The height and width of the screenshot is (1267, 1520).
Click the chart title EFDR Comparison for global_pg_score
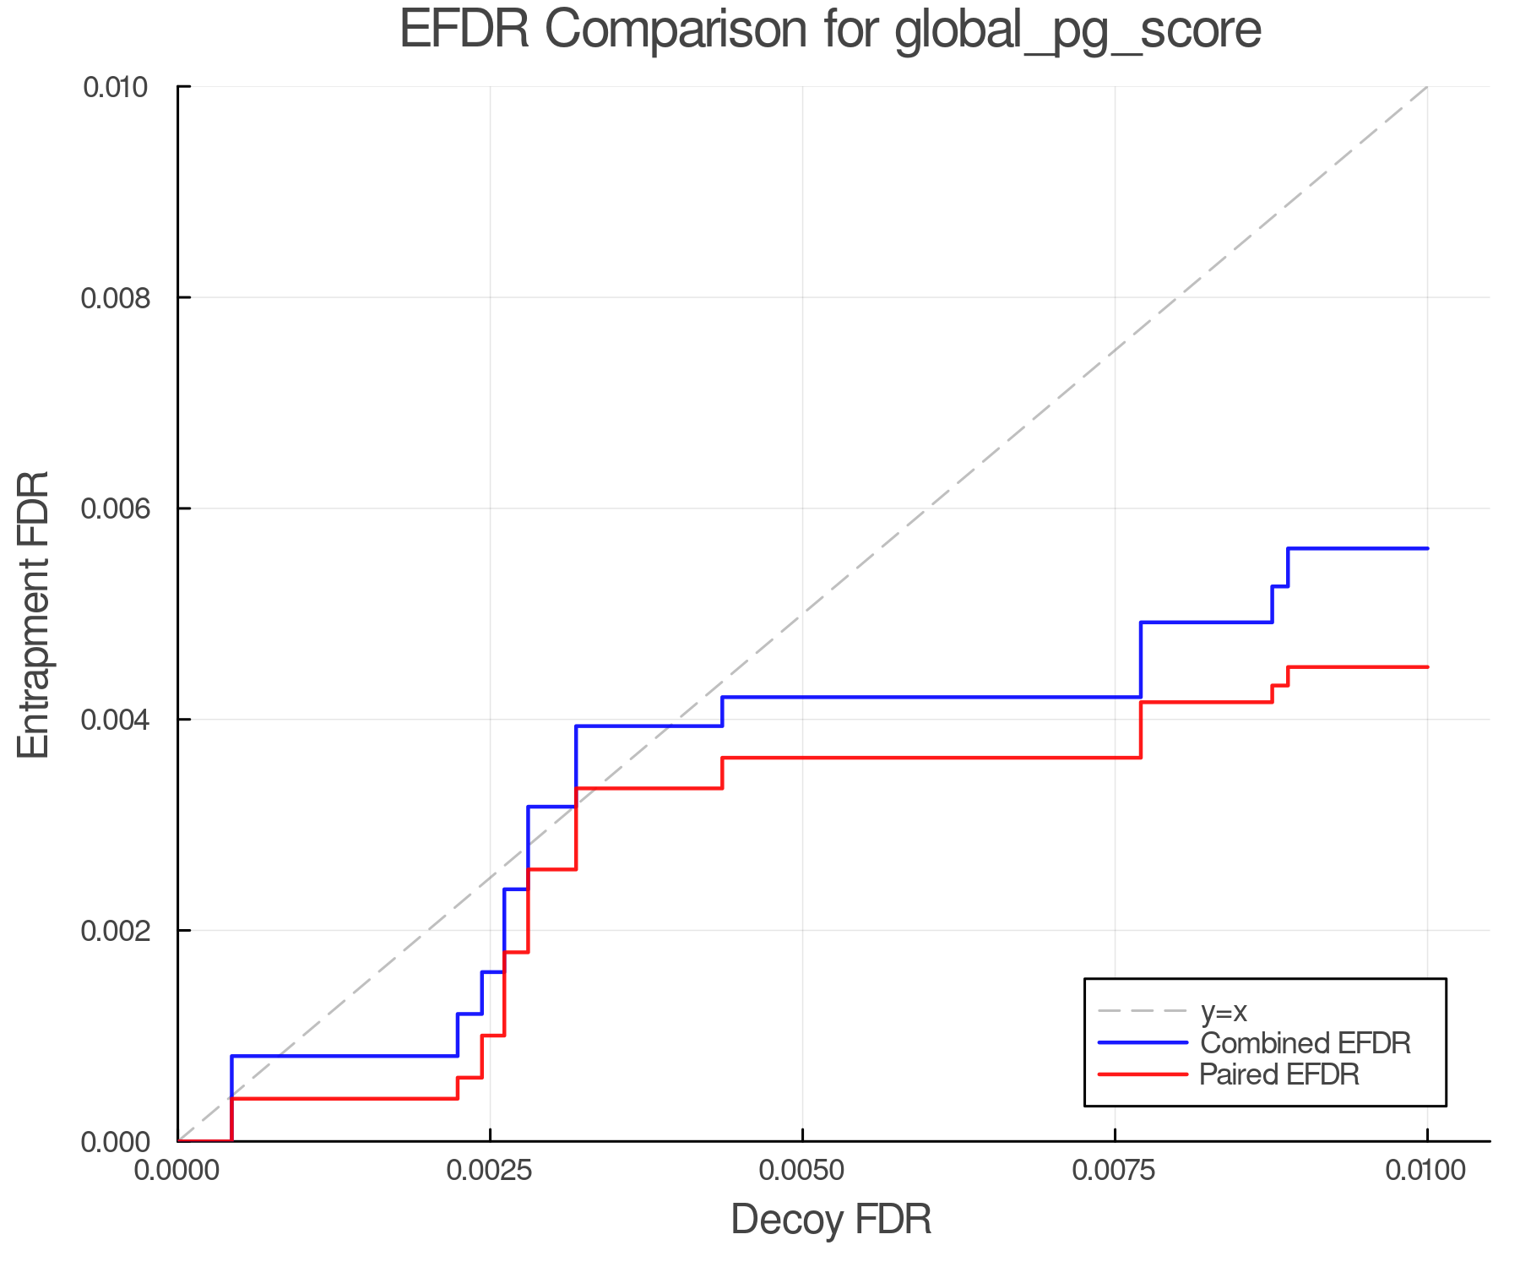(x=830, y=30)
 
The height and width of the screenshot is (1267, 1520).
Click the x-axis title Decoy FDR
(x=830, y=1220)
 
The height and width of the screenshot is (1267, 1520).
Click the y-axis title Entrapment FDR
(x=34, y=614)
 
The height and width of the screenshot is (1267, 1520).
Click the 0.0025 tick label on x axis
(x=490, y=1171)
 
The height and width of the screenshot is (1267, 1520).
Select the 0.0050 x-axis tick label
(x=802, y=1171)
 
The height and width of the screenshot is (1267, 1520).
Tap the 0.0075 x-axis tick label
(x=1115, y=1171)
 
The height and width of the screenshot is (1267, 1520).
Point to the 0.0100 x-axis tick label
(x=1427, y=1171)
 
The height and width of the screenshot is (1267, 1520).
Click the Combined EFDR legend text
(x=1305, y=1043)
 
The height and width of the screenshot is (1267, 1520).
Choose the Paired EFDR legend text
(x=1278, y=1074)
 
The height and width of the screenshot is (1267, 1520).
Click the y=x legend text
(x=1224, y=1011)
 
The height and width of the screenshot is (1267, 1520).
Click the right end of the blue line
(x=1427, y=548)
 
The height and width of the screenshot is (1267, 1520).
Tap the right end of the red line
(x=1427, y=667)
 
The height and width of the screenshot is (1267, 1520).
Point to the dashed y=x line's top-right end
(x=1427, y=86)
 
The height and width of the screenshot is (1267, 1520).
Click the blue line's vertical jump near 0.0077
(x=1141, y=660)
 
